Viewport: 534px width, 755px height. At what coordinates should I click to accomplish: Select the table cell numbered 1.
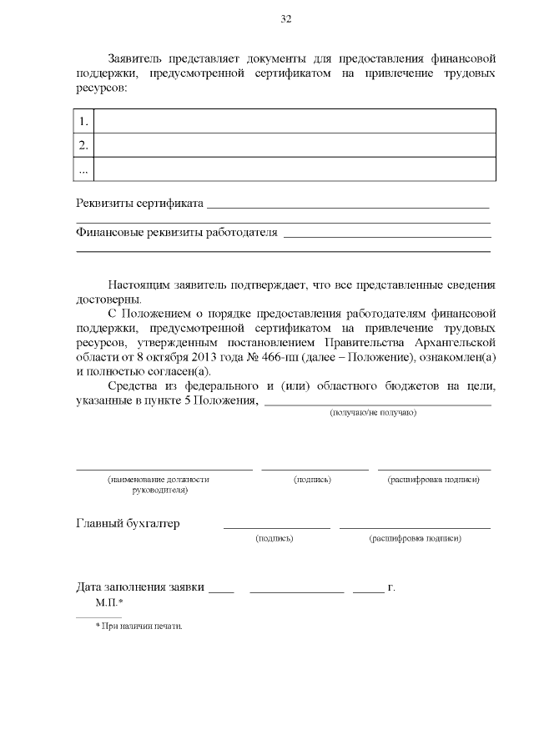point(83,121)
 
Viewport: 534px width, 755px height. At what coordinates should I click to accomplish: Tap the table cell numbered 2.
point(83,145)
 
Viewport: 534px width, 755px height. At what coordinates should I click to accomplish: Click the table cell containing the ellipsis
point(83,169)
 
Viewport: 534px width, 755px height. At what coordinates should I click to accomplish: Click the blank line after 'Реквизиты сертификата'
point(346,205)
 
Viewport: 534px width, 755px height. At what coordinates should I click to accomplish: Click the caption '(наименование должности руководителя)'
point(159,485)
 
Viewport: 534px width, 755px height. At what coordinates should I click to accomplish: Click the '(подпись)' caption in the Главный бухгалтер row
point(275,539)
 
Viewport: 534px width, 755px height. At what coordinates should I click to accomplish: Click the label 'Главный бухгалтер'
point(128,524)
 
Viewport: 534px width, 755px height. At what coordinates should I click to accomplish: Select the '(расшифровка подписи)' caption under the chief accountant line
point(415,539)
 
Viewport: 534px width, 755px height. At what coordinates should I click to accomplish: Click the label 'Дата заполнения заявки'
point(140,586)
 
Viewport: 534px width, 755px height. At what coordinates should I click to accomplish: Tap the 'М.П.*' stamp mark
point(109,602)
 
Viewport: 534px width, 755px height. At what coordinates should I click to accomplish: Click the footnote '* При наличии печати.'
point(139,626)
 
